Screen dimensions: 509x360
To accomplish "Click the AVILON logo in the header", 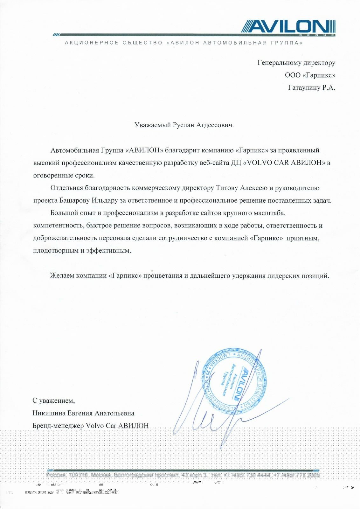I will pyautogui.click(x=288, y=27).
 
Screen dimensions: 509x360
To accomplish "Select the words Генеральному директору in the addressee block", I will pyautogui.click(x=296, y=63).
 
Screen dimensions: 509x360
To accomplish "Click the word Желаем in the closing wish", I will pyautogui.click(x=62, y=275).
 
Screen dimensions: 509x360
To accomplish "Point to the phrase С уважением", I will pyautogui.click(x=53, y=401).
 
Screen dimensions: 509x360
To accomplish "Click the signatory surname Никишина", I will pyautogui.click(x=49, y=413).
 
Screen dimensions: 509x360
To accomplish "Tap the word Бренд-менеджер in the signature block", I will pyautogui.click(x=58, y=426).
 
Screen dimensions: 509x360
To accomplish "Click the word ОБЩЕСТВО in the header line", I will pyautogui.click(x=142, y=43).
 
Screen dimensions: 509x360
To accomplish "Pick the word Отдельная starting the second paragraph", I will pyautogui.click(x=67, y=188).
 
